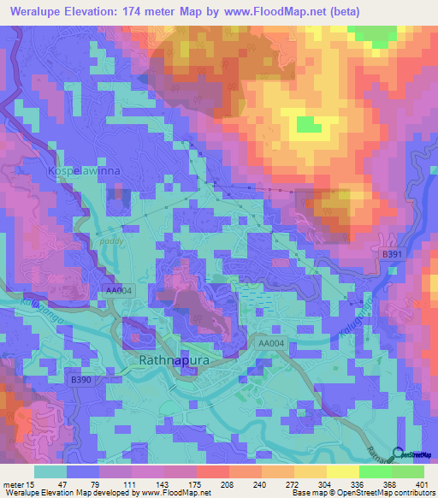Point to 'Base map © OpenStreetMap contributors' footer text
tap(362, 494)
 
